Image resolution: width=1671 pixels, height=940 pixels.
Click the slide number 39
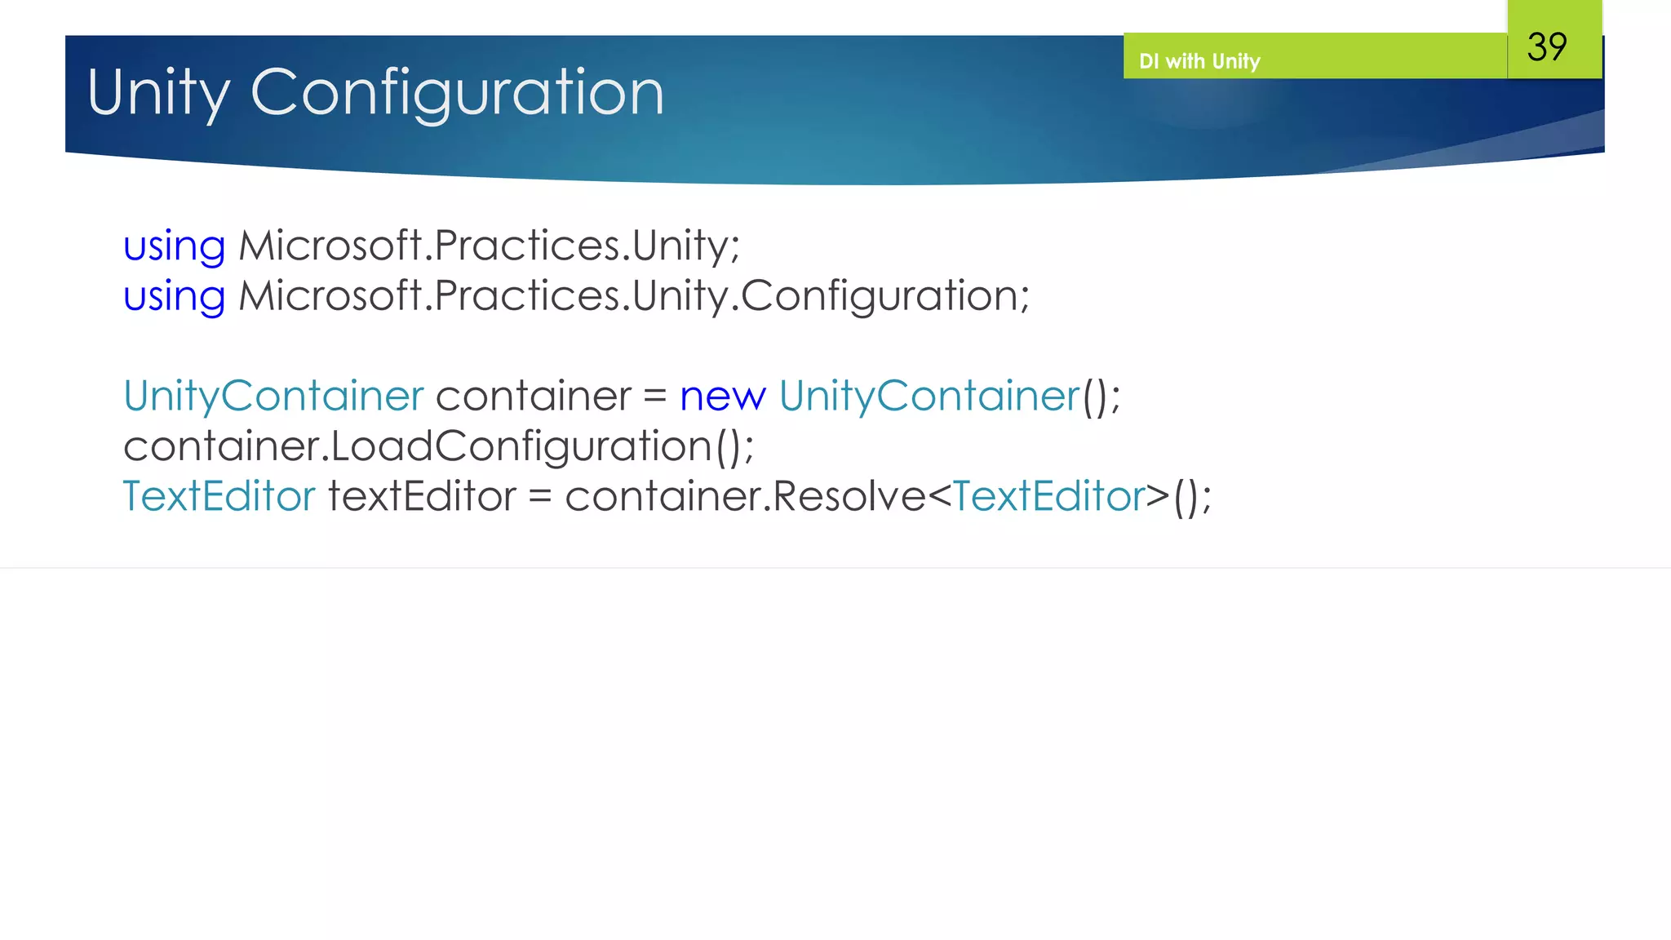[1547, 47]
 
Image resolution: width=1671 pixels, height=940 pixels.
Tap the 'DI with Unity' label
[1199, 61]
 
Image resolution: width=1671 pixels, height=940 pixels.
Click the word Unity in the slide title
[158, 93]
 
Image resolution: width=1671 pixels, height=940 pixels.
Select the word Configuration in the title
[457, 93]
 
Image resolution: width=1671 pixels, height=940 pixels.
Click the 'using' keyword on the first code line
[174, 246]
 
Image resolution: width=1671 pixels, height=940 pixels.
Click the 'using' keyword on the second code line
[174, 296]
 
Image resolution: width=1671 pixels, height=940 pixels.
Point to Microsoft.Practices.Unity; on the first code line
[489, 246]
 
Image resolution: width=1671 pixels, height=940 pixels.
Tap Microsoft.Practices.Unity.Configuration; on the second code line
[634, 296]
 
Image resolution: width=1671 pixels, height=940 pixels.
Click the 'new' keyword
[722, 397]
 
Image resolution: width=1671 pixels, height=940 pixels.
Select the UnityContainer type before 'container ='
[273, 397]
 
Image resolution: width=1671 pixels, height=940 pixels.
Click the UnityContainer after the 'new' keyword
[929, 397]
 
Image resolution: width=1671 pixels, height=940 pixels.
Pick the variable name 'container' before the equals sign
[534, 397]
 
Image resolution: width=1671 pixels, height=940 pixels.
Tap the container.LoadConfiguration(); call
[438, 446]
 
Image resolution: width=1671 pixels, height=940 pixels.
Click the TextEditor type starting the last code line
[219, 496]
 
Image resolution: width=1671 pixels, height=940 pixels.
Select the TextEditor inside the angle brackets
[1049, 496]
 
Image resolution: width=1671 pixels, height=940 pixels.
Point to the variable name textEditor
[422, 496]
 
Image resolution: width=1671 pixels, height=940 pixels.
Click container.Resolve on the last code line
[745, 496]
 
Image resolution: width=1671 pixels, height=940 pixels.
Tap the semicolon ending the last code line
[1206, 499]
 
